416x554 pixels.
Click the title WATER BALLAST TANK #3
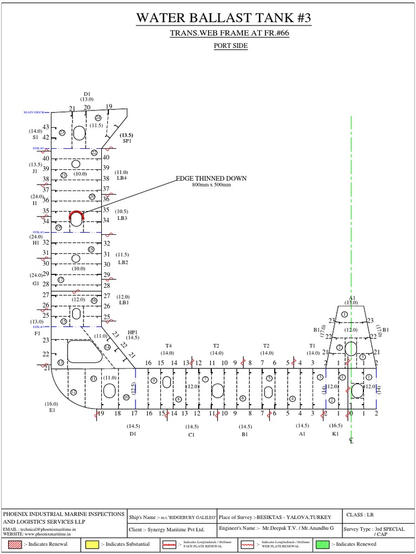point(224,18)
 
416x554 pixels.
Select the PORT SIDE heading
point(231,46)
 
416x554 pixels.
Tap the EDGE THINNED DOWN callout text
point(211,179)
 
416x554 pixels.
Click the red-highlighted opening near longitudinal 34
point(76,219)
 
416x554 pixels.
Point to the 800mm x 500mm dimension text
point(211,185)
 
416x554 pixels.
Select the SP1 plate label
point(127,141)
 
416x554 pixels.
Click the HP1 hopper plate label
point(133,332)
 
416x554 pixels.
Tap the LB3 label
point(122,219)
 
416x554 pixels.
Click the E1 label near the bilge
point(53,410)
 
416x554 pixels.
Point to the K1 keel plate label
point(335,434)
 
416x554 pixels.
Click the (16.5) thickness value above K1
point(335,426)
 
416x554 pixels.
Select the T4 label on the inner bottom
point(168,346)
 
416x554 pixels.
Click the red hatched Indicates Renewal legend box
point(13,544)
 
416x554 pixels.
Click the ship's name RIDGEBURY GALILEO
point(193,517)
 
